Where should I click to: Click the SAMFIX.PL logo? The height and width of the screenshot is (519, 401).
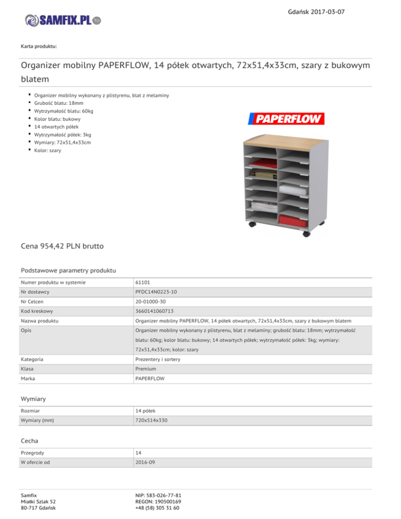(x=63, y=20)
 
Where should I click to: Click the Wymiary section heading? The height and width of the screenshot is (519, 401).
(x=33, y=399)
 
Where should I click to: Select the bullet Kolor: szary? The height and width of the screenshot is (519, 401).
(x=48, y=150)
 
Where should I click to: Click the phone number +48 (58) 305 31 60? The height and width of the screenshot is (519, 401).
(x=157, y=509)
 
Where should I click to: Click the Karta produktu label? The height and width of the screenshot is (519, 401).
(x=39, y=46)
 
